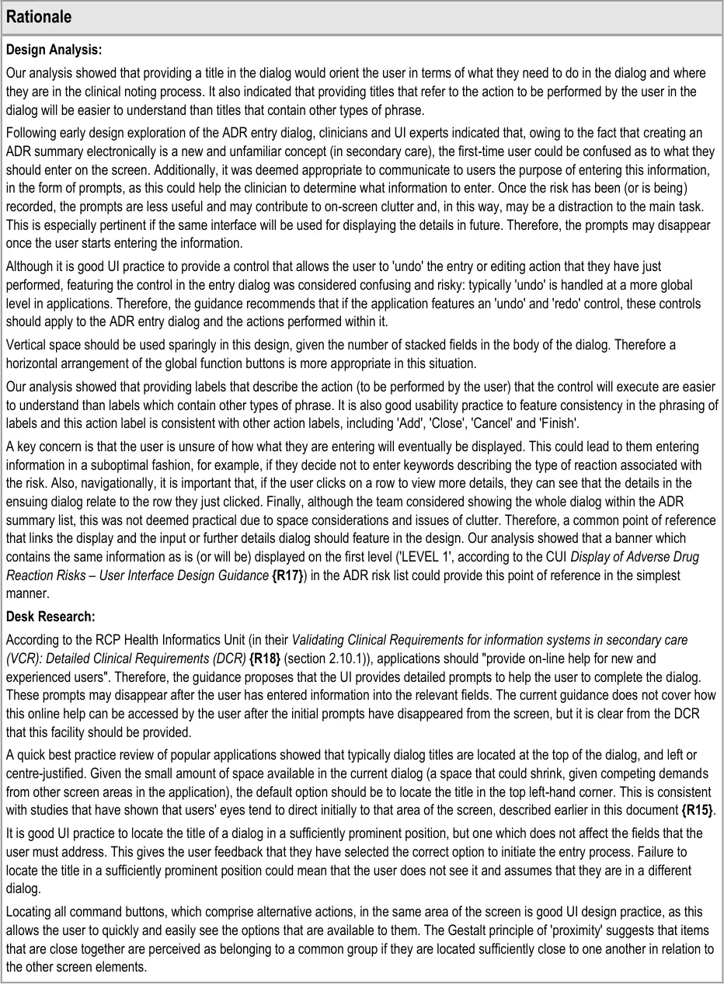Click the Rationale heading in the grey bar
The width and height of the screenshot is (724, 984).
coord(39,16)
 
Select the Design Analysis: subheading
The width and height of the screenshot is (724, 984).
coord(54,50)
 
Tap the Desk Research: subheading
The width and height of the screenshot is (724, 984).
coord(50,617)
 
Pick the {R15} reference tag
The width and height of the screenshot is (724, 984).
coord(697,811)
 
